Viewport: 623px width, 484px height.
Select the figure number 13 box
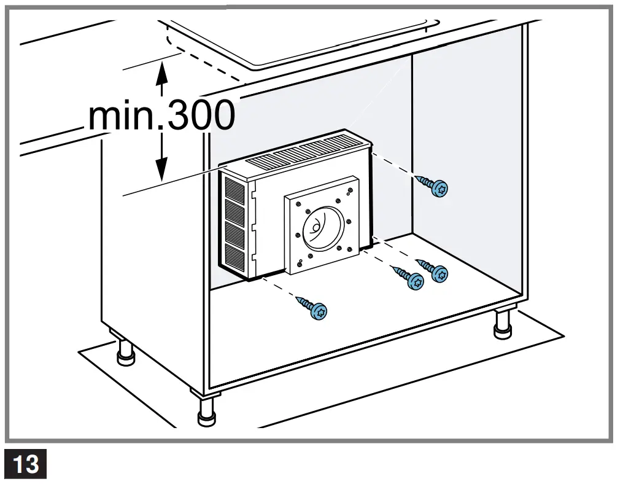coord(26,463)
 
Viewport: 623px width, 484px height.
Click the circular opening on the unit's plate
coord(320,230)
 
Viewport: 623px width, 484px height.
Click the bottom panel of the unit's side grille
coord(236,258)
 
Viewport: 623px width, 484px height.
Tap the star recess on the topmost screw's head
coord(439,190)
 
